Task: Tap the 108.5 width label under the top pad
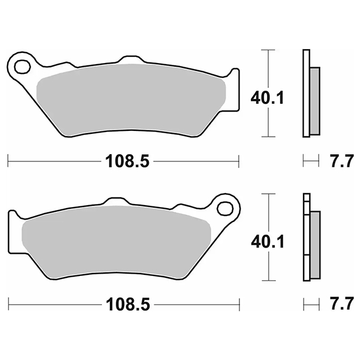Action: click(x=127, y=160)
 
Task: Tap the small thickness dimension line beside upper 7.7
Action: click(x=310, y=160)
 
